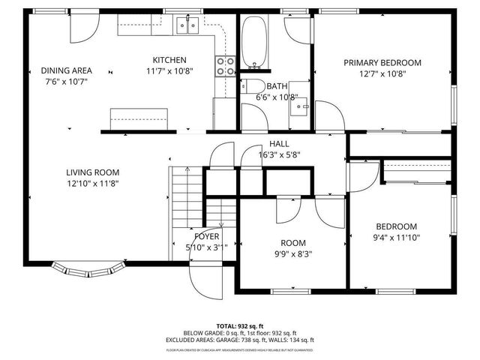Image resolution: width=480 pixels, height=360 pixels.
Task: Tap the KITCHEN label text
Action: (x=169, y=60)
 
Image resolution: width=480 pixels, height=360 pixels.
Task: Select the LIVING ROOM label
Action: (x=91, y=171)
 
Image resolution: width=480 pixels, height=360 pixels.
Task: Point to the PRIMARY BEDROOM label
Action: (x=382, y=63)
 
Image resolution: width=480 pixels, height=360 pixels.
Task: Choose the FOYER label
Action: (x=206, y=236)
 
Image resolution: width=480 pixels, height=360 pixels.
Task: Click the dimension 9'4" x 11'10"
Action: (x=396, y=238)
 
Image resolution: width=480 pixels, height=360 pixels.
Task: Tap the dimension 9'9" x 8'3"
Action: (x=292, y=253)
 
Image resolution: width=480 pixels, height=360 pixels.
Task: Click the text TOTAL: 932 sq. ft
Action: (x=240, y=326)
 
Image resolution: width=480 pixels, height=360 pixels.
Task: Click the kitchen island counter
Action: (x=139, y=118)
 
